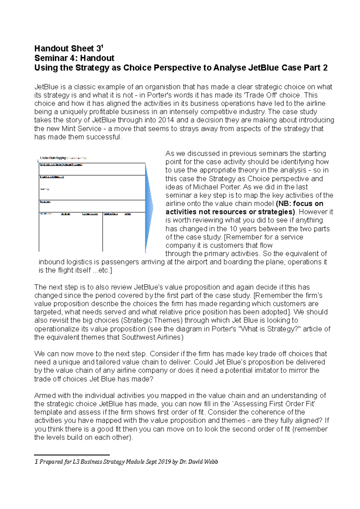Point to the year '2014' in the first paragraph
click(x=166, y=120)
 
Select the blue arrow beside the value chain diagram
click(x=149, y=207)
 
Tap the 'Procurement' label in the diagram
click(x=45, y=202)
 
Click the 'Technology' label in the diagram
click(x=45, y=189)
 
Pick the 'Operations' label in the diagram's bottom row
click(x=65, y=214)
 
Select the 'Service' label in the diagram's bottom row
click(x=127, y=214)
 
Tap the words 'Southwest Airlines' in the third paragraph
click(x=151, y=337)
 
